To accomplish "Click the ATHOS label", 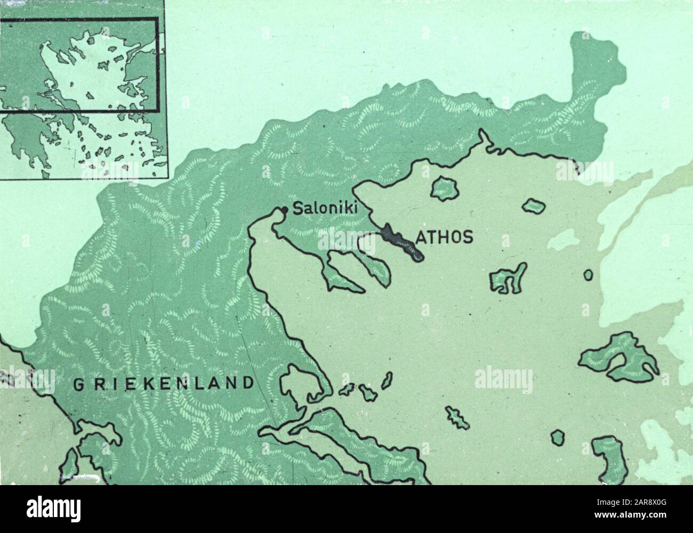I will click(x=444, y=237).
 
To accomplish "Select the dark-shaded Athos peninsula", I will click(x=401, y=242).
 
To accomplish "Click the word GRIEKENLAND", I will click(x=162, y=384).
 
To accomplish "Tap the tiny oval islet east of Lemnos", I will click(x=588, y=275).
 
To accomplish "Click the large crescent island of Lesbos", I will click(x=618, y=357).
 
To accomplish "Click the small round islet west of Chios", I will click(x=557, y=438).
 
